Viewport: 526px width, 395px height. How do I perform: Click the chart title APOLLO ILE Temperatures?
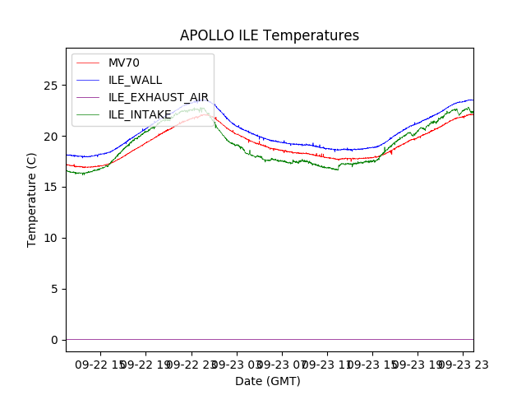pos(270,35)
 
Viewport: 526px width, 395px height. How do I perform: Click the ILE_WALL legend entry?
pos(135,80)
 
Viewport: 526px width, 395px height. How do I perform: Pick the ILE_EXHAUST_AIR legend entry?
pos(159,97)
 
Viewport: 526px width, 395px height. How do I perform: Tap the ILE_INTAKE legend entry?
pos(140,114)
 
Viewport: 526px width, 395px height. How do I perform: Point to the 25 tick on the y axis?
pos(53,86)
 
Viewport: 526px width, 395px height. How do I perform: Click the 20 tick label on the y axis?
pos(53,137)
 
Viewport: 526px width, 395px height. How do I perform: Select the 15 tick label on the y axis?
pos(53,188)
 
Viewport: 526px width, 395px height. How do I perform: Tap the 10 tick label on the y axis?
pos(53,238)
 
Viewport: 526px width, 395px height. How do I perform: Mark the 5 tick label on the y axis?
pos(57,289)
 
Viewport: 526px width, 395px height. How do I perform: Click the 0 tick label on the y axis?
pos(57,340)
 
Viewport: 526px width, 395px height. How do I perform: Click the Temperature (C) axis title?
pos(32,199)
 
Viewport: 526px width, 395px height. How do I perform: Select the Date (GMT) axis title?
pos(268,381)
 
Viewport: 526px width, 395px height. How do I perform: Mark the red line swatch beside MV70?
pos(89,63)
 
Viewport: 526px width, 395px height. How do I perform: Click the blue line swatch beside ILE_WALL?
pos(89,80)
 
